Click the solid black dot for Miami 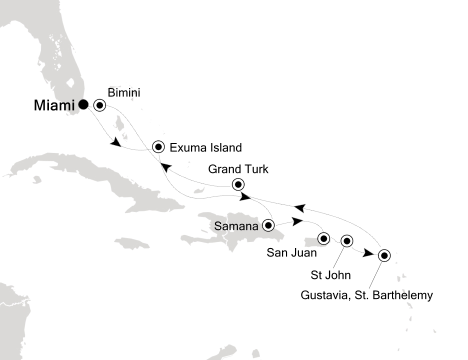point(83,104)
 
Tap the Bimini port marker point(99,105)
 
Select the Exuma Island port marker point(158,147)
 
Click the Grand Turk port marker point(238,184)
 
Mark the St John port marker point(346,241)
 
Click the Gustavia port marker point(383,255)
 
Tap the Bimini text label point(123,92)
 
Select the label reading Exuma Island point(205,147)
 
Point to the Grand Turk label point(238,169)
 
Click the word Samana point(236,226)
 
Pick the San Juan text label point(291,253)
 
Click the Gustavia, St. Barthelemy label point(366,295)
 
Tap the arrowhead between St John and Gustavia point(368,253)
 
